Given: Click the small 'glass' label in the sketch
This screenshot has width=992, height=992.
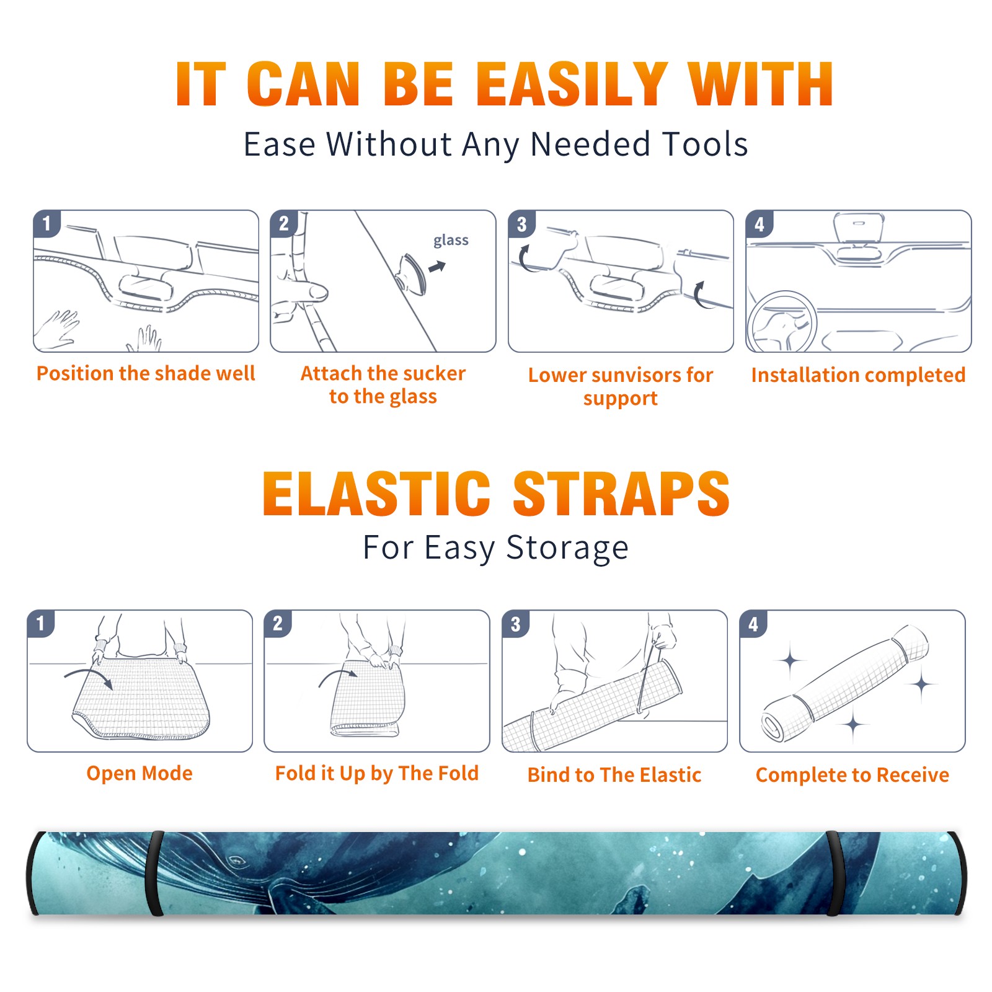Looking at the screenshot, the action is (x=451, y=241).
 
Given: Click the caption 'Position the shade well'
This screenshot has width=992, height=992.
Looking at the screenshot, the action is (x=146, y=373).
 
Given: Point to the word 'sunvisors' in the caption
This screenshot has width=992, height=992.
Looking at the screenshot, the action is (x=635, y=375).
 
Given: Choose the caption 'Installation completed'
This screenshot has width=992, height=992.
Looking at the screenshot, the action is (x=858, y=375).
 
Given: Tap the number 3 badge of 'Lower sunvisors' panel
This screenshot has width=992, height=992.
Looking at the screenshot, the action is (x=522, y=224).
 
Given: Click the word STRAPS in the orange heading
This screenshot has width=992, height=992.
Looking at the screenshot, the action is (x=621, y=494).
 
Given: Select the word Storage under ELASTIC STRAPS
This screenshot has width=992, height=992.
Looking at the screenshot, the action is (x=567, y=548).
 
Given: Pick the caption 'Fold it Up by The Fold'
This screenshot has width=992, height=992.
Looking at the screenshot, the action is (x=377, y=773).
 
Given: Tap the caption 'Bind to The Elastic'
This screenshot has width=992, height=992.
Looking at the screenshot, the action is (x=614, y=775).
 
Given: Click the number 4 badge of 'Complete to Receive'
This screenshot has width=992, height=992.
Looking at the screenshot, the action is (x=753, y=624).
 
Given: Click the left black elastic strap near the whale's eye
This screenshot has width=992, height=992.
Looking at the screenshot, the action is (x=155, y=873).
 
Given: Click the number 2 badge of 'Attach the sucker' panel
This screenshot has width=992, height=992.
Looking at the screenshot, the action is (x=284, y=224).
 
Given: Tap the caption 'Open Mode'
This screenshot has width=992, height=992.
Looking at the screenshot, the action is (x=139, y=773).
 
